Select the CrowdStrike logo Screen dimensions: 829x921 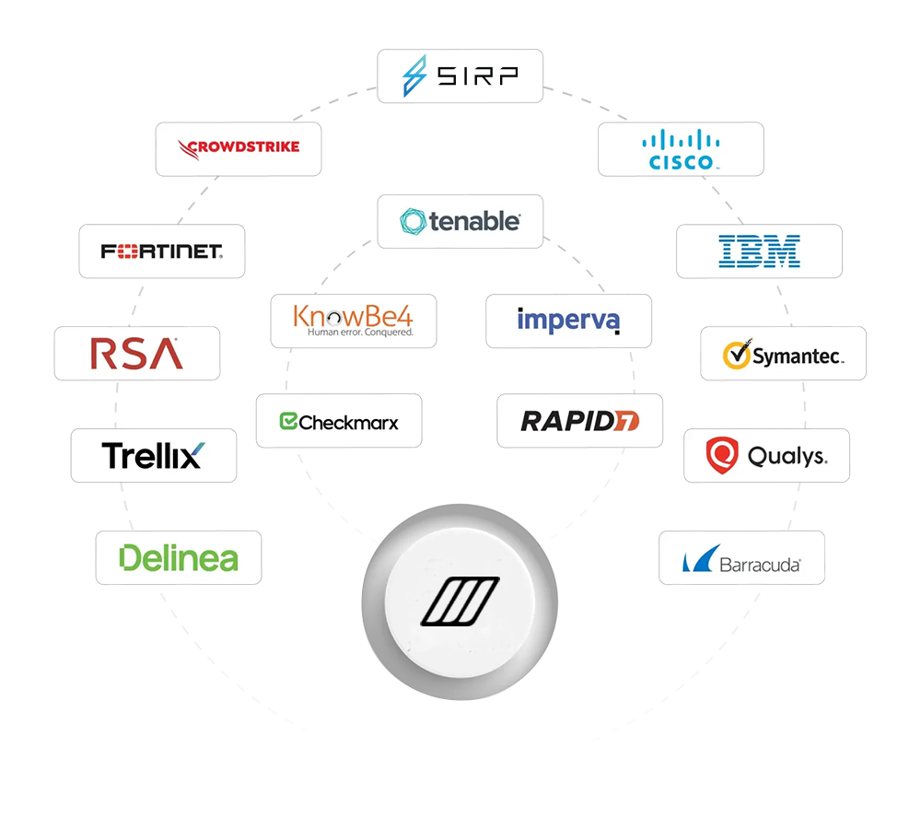(x=238, y=147)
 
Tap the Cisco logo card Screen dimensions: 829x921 (x=681, y=149)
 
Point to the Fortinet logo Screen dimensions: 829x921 (x=161, y=251)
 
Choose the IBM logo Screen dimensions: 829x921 (x=759, y=251)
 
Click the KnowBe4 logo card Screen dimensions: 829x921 (x=354, y=320)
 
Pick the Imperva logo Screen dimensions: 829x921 (x=568, y=321)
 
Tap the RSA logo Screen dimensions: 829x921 (x=136, y=353)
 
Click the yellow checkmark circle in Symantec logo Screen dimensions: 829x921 (x=735, y=355)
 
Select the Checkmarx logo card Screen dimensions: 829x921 (x=339, y=422)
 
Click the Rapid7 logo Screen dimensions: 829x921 (x=579, y=422)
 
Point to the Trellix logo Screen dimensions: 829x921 (x=154, y=455)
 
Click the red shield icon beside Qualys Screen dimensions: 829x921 (x=721, y=454)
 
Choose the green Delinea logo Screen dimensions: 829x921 (x=179, y=557)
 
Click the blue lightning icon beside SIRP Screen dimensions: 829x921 (x=415, y=76)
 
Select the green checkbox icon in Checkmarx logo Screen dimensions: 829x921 (x=288, y=422)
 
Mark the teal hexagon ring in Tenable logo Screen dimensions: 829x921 (x=413, y=221)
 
